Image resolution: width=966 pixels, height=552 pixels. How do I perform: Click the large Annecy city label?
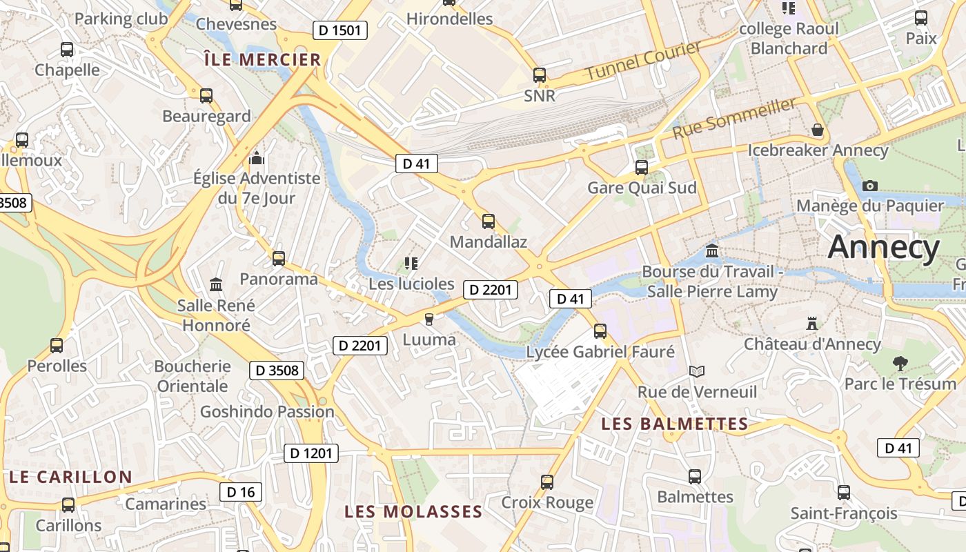(884, 247)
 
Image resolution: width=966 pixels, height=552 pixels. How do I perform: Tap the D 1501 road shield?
(339, 30)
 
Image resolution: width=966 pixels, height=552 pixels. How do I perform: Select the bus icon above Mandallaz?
(489, 221)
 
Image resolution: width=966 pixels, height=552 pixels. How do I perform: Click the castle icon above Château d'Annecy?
(812, 323)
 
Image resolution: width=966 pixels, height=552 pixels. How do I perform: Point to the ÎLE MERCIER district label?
(263, 60)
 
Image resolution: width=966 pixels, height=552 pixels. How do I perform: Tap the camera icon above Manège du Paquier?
(870, 186)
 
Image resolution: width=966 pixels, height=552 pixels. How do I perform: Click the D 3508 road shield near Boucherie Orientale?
(277, 371)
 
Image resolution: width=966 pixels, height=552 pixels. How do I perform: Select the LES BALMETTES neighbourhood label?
(674, 424)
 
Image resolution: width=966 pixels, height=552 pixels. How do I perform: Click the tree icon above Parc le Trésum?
(900, 363)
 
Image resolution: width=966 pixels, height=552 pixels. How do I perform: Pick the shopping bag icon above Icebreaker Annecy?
(818, 130)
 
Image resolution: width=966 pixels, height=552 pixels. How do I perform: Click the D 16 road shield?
(241, 492)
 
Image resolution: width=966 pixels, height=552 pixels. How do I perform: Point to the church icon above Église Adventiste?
(257, 159)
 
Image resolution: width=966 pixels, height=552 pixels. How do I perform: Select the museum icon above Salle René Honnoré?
(216, 284)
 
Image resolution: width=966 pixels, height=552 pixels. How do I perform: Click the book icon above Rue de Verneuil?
(697, 371)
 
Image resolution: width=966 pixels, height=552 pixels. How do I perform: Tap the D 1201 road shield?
(311, 453)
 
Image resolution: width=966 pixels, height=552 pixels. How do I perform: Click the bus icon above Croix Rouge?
(547, 482)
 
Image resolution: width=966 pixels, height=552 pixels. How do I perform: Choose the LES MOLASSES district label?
(413, 512)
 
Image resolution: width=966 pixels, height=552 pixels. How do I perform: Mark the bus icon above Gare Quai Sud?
(642, 167)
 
